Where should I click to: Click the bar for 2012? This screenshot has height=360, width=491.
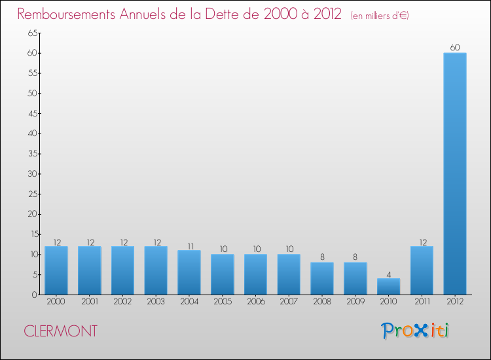455,173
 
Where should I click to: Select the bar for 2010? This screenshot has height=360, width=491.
388,287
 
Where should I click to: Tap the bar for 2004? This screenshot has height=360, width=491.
189,272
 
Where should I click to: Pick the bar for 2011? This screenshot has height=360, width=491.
422,270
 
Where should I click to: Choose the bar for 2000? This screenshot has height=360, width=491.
56,270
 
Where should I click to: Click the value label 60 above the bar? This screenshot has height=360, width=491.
455,47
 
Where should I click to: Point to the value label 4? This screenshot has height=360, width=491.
388,274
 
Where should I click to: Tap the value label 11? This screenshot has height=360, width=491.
189,245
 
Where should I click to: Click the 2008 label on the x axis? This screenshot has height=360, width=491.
322,302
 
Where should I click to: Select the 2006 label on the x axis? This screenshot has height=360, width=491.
255,302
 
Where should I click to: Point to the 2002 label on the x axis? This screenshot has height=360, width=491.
122,302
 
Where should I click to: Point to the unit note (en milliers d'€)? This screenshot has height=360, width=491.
380,16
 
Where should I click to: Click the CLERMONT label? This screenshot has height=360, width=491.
60,331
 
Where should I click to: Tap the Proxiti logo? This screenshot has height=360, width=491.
415,331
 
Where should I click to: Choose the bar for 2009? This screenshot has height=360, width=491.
355,278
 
